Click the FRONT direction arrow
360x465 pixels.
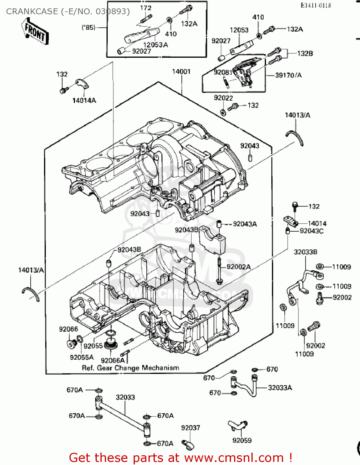(x=35, y=31)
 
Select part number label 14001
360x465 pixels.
(x=181, y=72)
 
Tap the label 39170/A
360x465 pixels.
(x=288, y=75)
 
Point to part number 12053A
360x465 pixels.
(x=155, y=45)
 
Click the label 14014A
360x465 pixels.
(x=84, y=100)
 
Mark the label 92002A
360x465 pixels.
(x=238, y=267)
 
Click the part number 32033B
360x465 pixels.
(x=305, y=252)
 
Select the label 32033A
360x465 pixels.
(x=280, y=387)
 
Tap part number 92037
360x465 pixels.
(x=190, y=428)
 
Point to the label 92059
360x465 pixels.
(x=242, y=441)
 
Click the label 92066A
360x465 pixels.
(x=113, y=360)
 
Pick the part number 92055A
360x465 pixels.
(x=82, y=357)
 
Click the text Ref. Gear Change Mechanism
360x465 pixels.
(x=130, y=368)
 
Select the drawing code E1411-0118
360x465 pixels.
(x=316, y=5)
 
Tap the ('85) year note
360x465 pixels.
(x=88, y=28)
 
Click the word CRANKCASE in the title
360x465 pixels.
(x=32, y=11)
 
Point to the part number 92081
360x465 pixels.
(x=223, y=72)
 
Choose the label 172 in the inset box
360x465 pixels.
(x=145, y=8)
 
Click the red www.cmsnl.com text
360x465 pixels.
(x=234, y=458)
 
